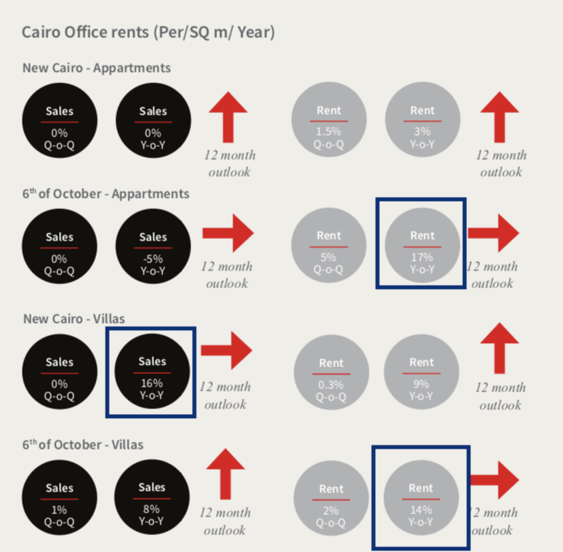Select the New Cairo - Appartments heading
(97, 68)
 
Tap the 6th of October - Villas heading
(83, 445)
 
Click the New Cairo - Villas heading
(74, 319)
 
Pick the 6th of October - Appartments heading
(106, 194)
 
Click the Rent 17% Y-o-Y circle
(423, 245)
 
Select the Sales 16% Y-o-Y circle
(152, 371)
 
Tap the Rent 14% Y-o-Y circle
(421, 498)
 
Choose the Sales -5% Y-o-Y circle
(153, 246)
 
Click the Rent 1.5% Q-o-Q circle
(329, 119)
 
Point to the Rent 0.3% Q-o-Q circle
(332, 372)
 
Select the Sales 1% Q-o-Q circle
(60, 497)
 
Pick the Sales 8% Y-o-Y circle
(152, 497)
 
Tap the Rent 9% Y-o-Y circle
(422, 372)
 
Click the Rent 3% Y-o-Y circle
(423, 119)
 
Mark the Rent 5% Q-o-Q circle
(328, 245)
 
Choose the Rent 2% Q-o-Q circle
(332, 498)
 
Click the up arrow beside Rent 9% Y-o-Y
(499, 349)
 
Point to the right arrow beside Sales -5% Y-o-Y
(228, 233)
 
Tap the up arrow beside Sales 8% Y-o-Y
(226, 474)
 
